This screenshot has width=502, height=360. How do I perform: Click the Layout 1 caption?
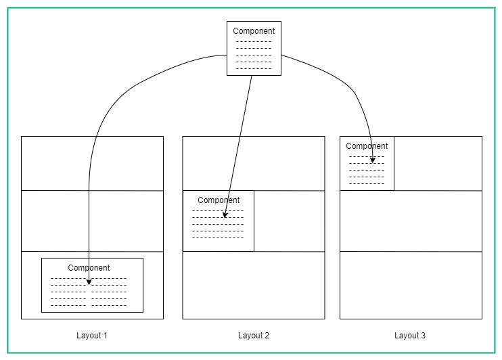tap(92, 336)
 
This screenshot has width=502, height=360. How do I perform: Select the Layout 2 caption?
tap(254, 336)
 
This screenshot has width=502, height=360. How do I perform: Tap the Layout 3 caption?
tap(410, 336)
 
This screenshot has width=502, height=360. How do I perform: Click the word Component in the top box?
tap(254, 31)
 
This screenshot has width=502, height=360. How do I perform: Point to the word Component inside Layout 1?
tap(89, 268)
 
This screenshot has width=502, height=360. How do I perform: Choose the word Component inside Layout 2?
tap(219, 200)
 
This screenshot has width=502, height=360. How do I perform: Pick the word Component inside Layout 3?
tap(367, 146)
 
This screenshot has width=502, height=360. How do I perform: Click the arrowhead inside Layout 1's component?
tap(89, 282)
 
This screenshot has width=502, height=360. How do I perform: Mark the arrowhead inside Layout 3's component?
tap(373, 160)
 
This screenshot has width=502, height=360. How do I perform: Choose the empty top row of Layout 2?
tap(254, 163)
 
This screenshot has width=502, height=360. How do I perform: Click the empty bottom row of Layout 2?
tap(254, 285)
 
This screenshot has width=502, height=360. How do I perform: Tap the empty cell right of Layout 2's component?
tap(289, 221)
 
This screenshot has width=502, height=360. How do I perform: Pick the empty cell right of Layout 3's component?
tap(438, 163)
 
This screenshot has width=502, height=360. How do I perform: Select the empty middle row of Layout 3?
tap(411, 221)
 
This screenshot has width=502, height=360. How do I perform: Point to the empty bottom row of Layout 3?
tap(411, 285)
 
